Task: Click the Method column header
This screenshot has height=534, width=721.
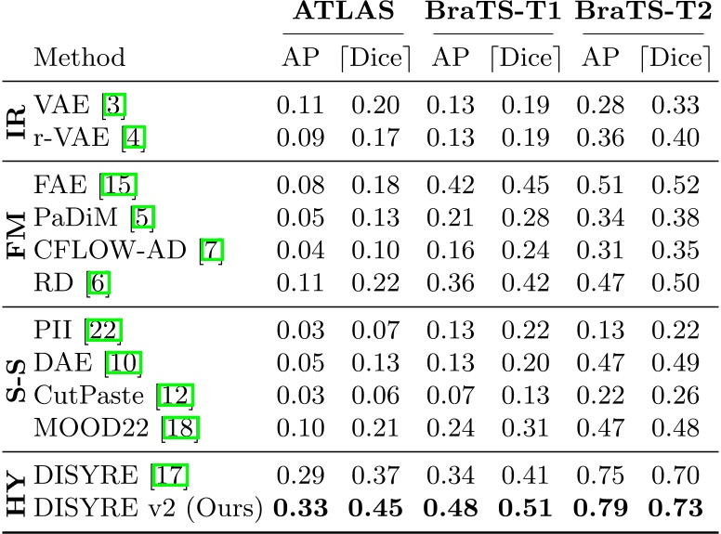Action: coord(79,58)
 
